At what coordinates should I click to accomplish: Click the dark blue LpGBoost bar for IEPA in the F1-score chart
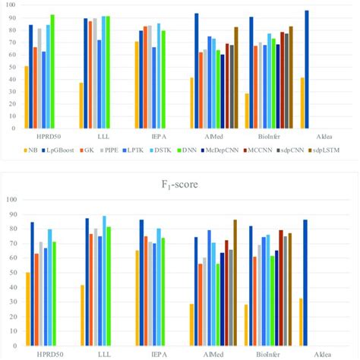pos(141,282)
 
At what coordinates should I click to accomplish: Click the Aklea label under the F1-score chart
pos(321,353)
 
